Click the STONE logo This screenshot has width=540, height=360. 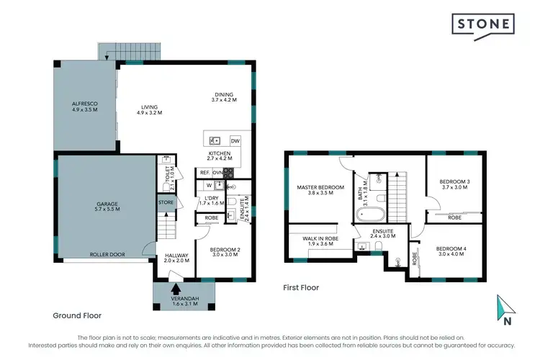tap(484, 24)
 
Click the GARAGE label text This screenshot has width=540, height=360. tap(107, 205)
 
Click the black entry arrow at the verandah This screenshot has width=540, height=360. tap(176, 289)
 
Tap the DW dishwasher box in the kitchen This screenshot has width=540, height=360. tap(235, 140)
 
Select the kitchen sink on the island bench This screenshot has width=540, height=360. tap(215, 140)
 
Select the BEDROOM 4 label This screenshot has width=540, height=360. tap(451, 252)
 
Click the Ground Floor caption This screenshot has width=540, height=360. tap(77, 315)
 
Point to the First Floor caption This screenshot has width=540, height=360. tap(301, 287)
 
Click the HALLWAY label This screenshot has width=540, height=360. tap(176, 257)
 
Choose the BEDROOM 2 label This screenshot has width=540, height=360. tap(225, 251)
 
